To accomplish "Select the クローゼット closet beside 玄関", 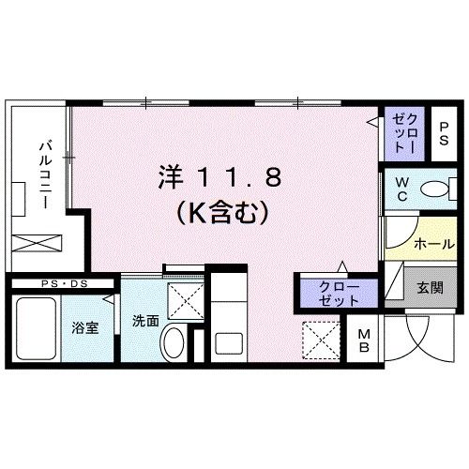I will tap(339, 292).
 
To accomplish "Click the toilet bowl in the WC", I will tap(435, 190).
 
